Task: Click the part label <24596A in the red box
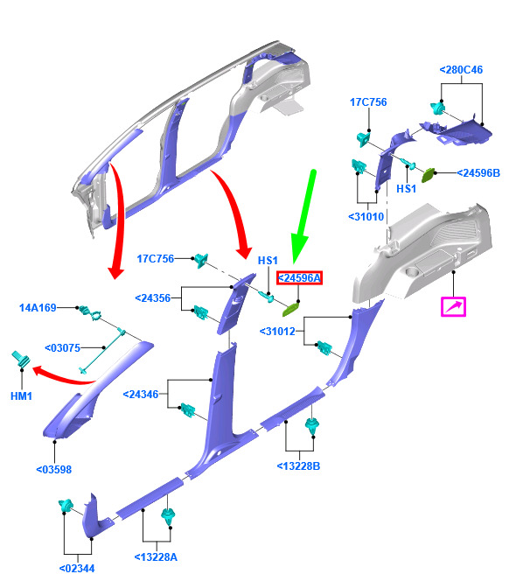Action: (x=299, y=278)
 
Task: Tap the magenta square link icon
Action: (x=453, y=307)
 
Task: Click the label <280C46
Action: (x=461, y=70)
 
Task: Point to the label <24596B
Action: (x=478, y=173)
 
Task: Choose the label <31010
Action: (x=366, y=217)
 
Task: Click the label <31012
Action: (x=277, y=331)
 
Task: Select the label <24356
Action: (x=152, y=298)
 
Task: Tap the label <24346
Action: (x=141, y=394)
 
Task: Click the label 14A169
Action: (x=38, y=308)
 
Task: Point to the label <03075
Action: (x=62, y=348)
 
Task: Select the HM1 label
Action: (x=21, y=396)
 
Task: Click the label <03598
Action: (x=53, y=470)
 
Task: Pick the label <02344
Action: (x=77, y=569)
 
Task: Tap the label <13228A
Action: (x=156, y=557)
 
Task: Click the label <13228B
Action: (x=298, y=466)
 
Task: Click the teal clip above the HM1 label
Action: (x=21, y=360)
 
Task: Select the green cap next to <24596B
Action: (x=428, y=175)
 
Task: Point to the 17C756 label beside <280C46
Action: (x=368, y=102)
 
